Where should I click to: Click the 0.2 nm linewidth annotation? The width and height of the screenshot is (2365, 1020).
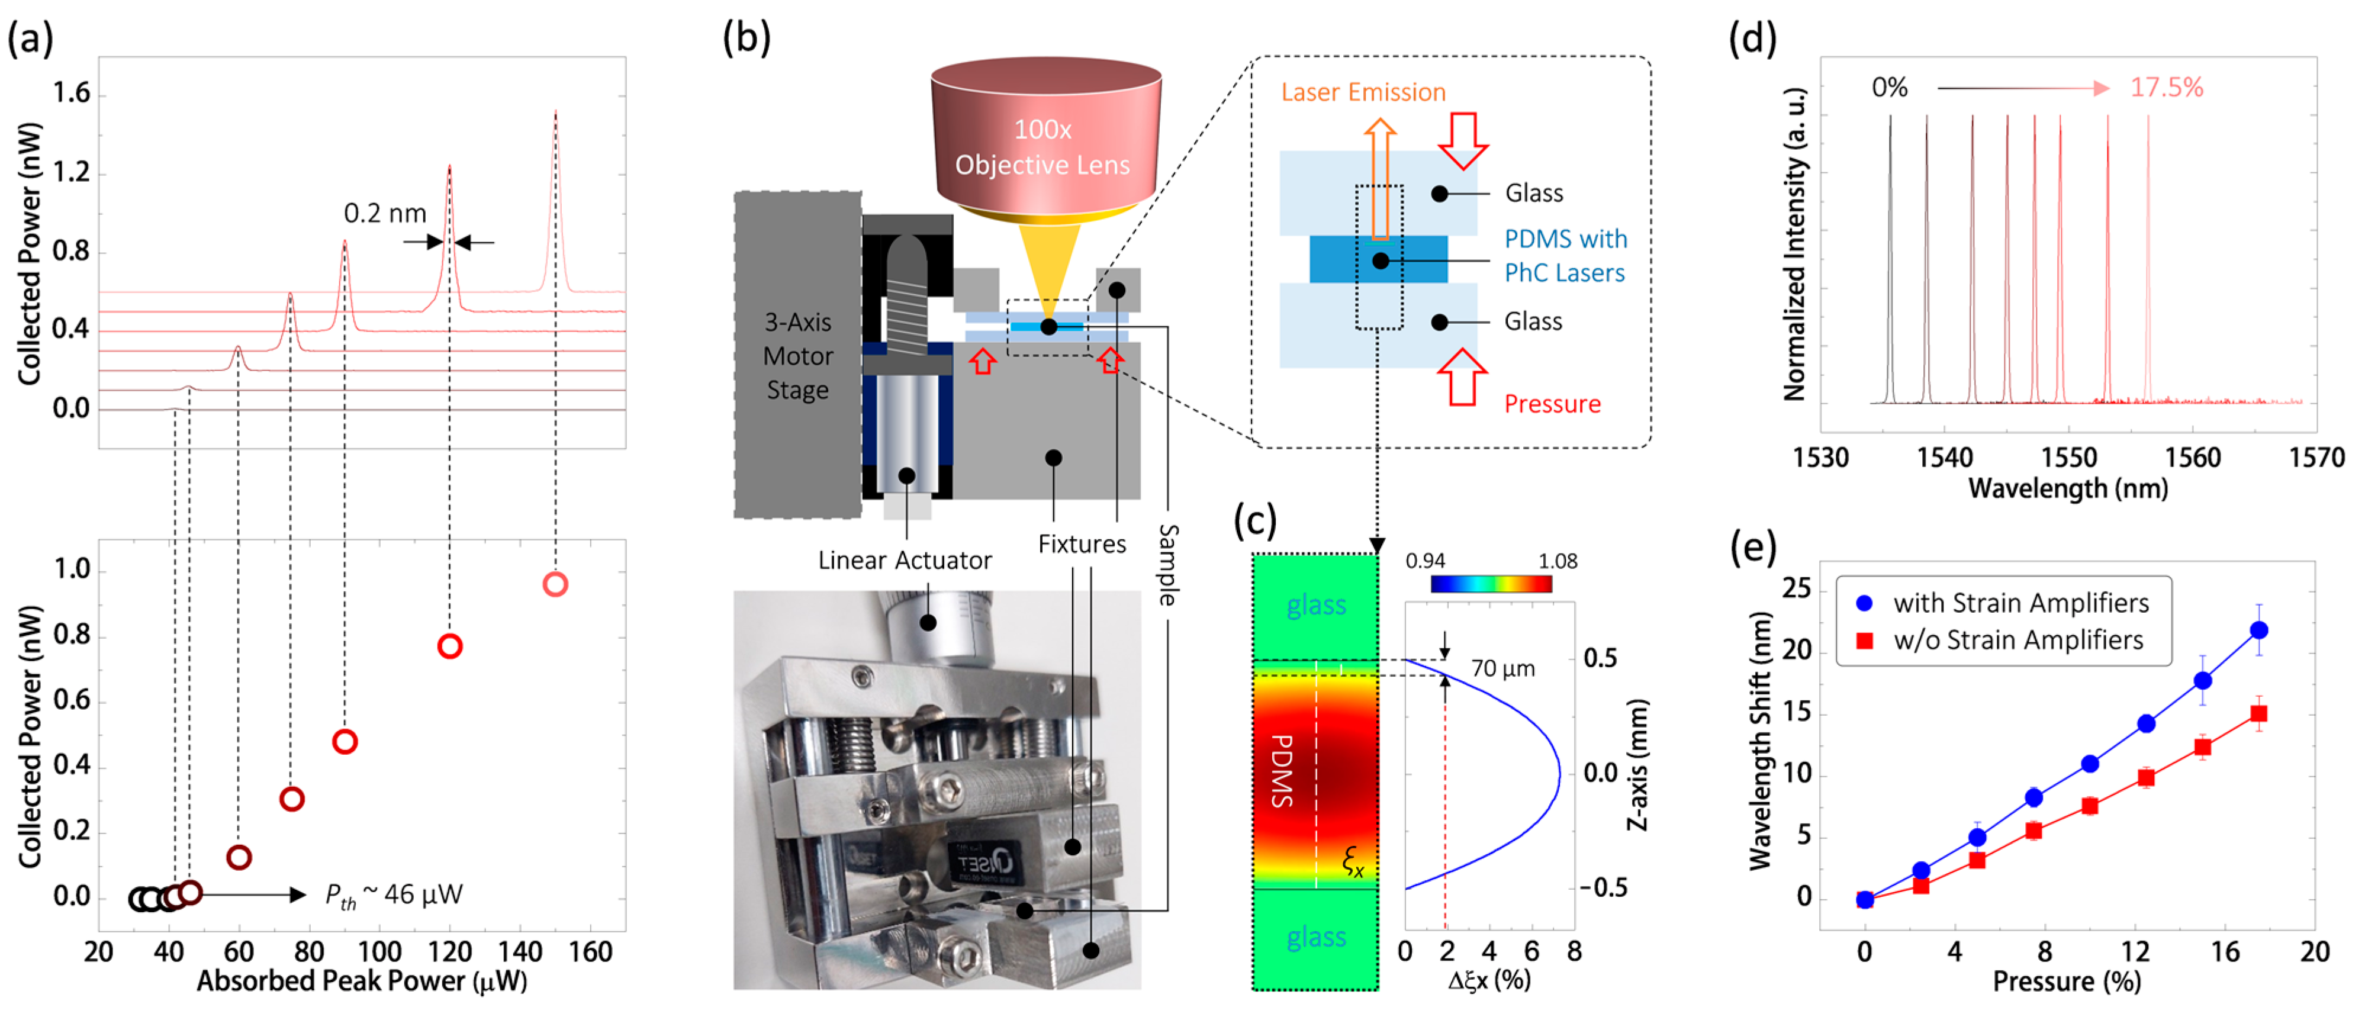click(x=385, y=214)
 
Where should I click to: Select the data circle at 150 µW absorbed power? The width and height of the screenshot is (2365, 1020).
click(x=555, y=585)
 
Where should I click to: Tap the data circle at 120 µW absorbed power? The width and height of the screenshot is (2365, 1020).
click(x=449, y=646)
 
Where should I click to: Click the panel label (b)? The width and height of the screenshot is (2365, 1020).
click(x=745, y=38)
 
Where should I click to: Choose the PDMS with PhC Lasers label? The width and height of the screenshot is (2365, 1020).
click(x=1565, y=256)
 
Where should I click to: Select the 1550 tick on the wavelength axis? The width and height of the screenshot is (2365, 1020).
click(x=2068, y=457)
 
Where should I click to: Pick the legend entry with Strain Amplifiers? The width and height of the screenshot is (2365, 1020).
click(x=2020, y=603)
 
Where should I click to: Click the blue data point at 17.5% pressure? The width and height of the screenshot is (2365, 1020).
click(x=2258, y=630)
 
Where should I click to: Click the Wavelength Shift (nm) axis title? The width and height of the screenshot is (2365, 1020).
click(x=1759, y=741)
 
